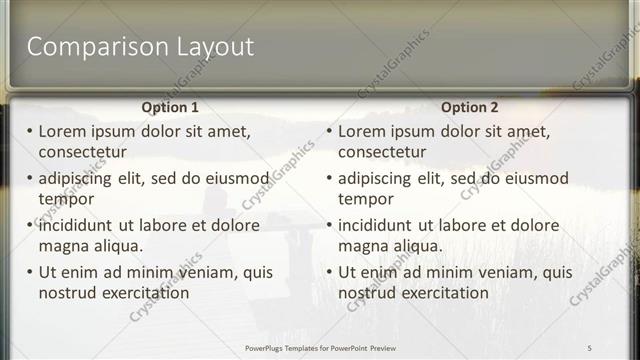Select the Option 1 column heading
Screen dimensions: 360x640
point(170,107)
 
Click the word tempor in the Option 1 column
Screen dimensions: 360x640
point(66,199)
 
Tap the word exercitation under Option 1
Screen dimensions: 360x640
point(144,293)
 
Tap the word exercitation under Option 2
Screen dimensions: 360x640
point(444,293)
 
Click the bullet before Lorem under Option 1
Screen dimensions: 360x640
point(30,131)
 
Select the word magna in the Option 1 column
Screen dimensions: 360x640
point(63,246)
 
